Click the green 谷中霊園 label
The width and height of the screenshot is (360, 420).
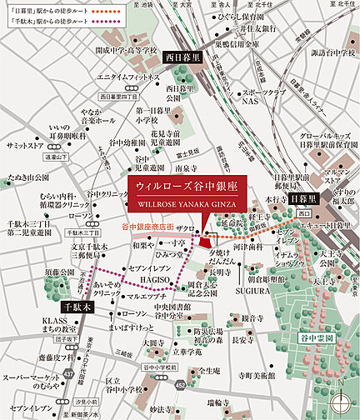click(316, 339)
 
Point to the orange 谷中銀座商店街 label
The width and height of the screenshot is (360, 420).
click(147, 227)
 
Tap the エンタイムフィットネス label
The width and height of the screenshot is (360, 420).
click(128, 77)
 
